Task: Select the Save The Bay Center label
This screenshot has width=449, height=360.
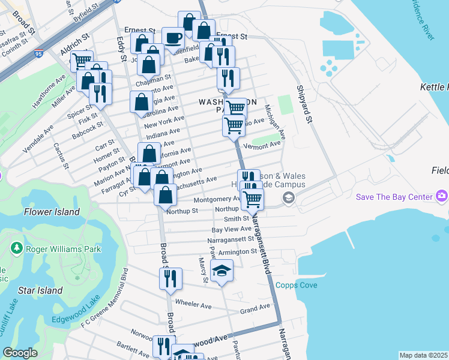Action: tap(394, 197)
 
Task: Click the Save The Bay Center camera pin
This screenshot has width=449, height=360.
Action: tap(442, 196)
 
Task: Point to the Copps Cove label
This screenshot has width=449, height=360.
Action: tap(296, 285)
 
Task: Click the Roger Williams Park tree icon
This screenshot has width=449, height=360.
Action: tap(16, 247)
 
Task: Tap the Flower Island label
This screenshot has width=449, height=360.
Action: tap(52, 212)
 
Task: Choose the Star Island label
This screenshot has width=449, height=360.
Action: tap(40, 290)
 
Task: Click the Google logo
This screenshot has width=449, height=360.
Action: tap(20, 353)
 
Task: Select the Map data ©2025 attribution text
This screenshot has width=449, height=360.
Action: tap(424, 355)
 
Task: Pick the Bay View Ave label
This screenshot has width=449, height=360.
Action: tap(232, 229)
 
